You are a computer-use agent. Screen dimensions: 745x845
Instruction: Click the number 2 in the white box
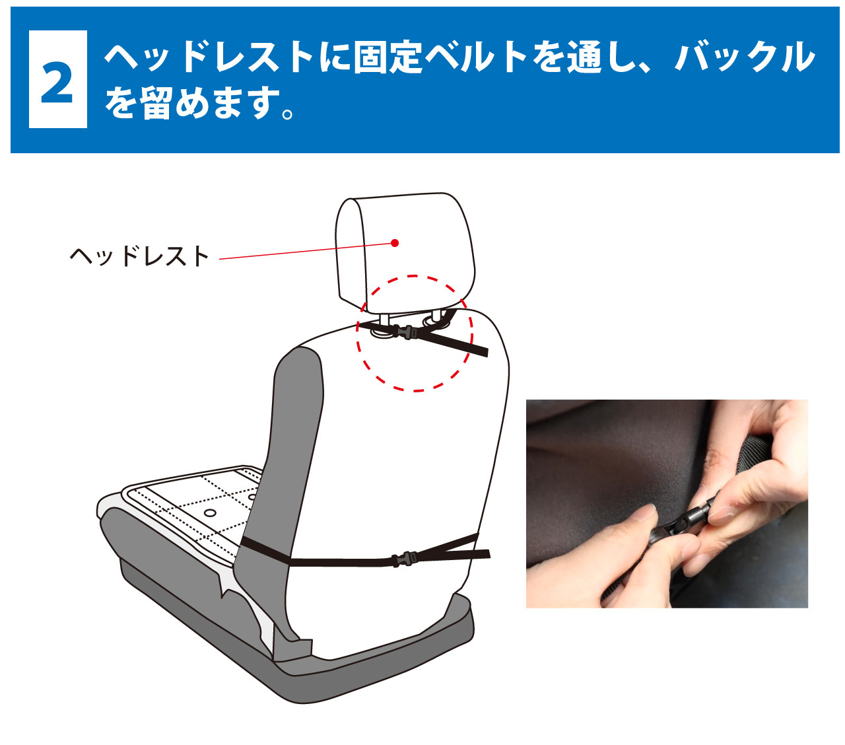[x=57, y=80]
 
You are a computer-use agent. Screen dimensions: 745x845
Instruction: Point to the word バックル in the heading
[x=745, y=57]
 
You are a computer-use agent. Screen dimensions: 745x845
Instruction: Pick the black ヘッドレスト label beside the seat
[x=139, y=256]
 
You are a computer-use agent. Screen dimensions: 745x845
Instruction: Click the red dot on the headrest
[x=395, y=242]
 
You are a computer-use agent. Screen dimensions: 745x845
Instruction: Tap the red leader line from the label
[x=304, y=251]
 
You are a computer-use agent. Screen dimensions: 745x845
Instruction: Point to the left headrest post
[x=384, y=321]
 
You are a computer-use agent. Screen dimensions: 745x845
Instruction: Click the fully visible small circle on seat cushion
[x=211, y=513]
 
